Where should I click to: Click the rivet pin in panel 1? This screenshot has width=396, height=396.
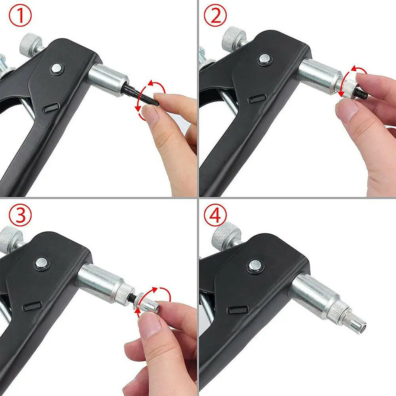pyautogui.click(x=56, y=69)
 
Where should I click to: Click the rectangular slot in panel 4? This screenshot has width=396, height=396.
pyautogui.click(x=236, y=308)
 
